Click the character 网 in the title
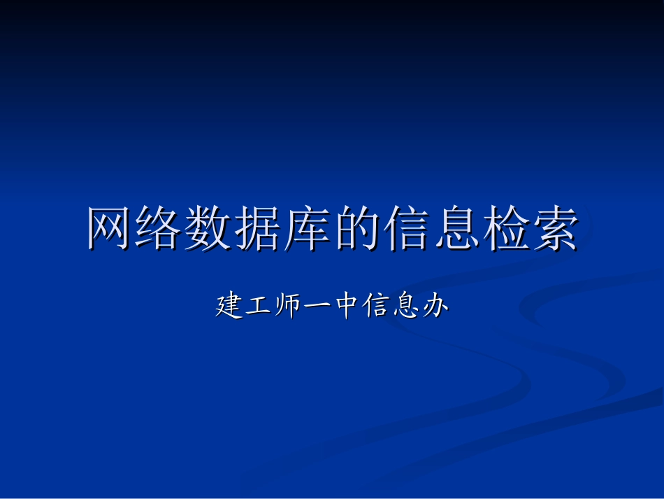click(x=110, y=229)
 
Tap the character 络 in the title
click(x=160, y=229)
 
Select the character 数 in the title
click(x=210, y=229)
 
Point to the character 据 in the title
click(x=259, y=229)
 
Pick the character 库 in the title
click(x=308, y=229)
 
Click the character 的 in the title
click(x=357, y=229)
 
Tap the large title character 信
click(x=407, y=229)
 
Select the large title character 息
click(x=456, y=229)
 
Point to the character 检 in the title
click(x=505, y=229)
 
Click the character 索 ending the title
click(x=555, y=229)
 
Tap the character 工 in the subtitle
click(x=258, y=307)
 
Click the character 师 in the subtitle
click(x=287, y=307)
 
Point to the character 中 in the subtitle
click(x=346, y=307)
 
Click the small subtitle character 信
click(x=375, y=307)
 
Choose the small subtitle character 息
click(x=405, y=307)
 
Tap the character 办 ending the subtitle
click(x=434, y=307)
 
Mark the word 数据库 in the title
click(x=259, y=229)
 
